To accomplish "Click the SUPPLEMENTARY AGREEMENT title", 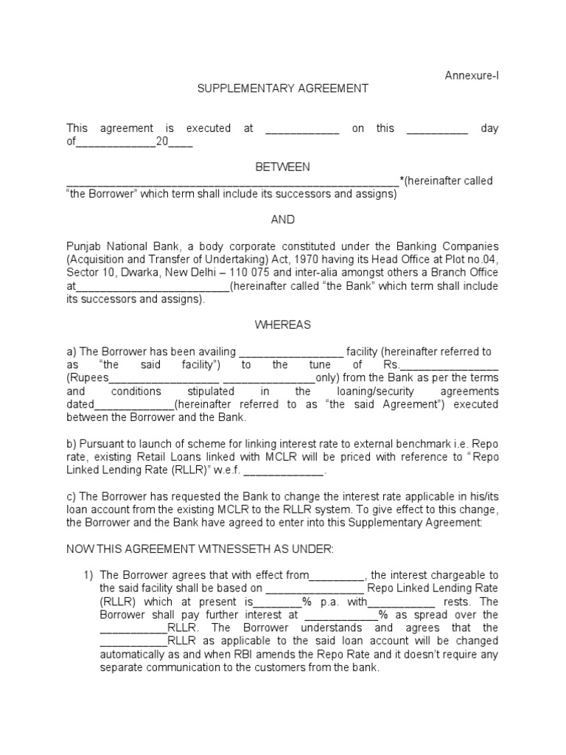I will coord(282,88).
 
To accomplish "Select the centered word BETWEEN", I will coord(282,168).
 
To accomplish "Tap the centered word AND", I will coord(282,220).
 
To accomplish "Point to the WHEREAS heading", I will coord(282,325).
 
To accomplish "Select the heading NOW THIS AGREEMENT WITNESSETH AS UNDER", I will coord(200,550).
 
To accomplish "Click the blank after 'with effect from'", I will coord(338,576).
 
